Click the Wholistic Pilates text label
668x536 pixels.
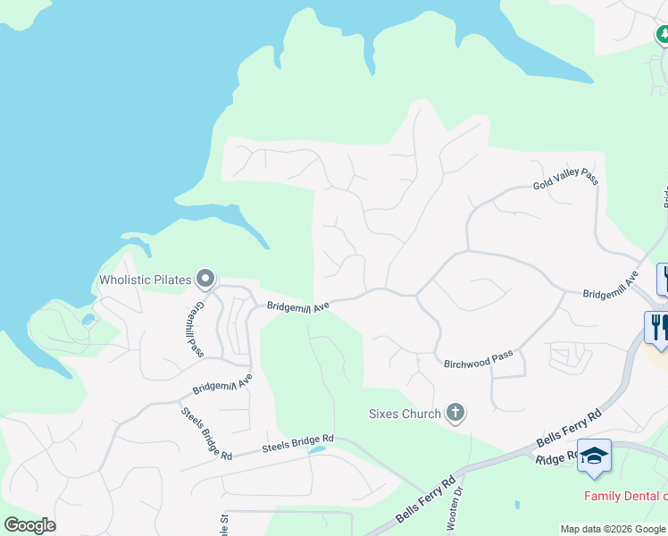pos(145,280)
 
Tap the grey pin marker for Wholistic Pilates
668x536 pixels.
pos(205,280)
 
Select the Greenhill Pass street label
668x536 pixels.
pos(196,316)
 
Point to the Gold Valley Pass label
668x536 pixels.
pos(565,179)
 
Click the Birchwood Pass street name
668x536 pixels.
pos(479,359)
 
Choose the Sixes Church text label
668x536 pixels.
pos(405,414)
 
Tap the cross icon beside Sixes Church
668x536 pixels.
pos(455,413)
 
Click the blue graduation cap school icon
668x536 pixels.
pos(594,456)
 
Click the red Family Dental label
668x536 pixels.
pos(625,496)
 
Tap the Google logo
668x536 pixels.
pos(29,525)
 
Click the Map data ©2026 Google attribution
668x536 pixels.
pos(613,529)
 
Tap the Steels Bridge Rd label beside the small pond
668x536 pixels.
pos(297,442)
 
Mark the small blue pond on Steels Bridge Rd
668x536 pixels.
pos(315,450)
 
